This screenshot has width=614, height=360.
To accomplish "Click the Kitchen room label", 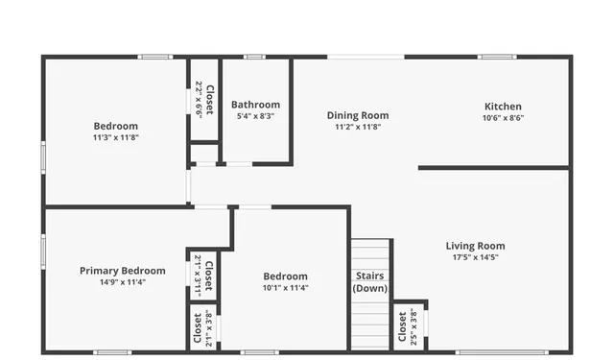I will pos(503,106).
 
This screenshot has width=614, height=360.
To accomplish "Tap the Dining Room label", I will pos(358,115).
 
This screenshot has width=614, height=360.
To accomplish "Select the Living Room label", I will pos(476,246).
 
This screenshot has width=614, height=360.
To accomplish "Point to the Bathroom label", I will pos(256,105).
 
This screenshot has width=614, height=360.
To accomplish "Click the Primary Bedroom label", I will pos(122,271).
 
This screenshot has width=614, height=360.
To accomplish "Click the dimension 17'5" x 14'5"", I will pos(476,257).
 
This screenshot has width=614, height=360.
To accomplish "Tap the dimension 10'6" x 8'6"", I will pos(503,118).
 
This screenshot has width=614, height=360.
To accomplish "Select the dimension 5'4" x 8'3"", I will pos(256,116).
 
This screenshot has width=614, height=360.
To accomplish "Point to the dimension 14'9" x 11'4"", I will pos(122,282).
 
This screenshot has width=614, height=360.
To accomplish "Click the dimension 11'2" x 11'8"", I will pos(358,127).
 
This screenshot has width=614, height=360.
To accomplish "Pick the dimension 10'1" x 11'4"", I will pos(286,287).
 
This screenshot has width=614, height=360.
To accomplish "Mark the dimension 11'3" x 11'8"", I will pos(115,137).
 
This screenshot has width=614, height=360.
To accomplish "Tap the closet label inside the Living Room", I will pos(402,327).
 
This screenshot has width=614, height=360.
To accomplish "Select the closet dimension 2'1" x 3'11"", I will pos(198,274).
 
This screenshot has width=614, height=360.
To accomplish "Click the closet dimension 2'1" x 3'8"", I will pos(208,327).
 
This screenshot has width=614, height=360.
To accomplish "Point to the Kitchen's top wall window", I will pos(498,57).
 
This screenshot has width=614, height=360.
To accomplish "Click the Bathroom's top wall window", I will pos(253,57).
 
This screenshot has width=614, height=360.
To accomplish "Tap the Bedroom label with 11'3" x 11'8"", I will pos(115,126).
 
